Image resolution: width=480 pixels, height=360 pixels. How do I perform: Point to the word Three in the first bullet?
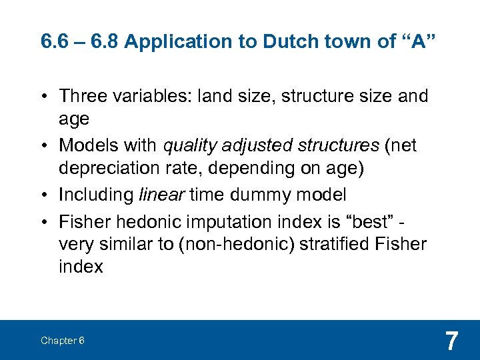click(x=82, y=96)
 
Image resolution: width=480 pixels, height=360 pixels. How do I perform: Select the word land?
click(x=209, y=96)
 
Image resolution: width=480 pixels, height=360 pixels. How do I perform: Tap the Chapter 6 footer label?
click(x=62, y=341)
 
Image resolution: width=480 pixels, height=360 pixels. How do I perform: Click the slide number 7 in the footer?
click(x=451, y=341)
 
